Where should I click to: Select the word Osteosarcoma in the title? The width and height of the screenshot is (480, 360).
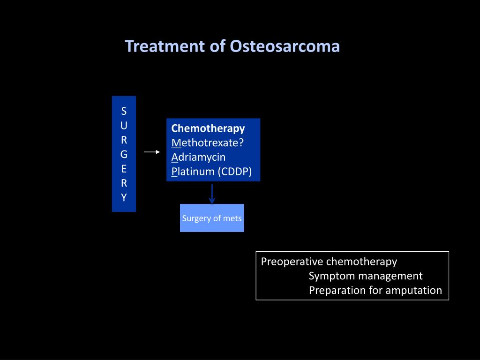(285, 46)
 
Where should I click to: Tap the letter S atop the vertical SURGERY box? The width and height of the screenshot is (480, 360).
(124, 111)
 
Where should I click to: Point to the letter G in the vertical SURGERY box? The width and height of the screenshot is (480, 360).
(124, 154)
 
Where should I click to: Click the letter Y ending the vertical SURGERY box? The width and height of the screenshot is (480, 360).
(124, 197)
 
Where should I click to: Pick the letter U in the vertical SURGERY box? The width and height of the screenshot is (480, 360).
(124, 126)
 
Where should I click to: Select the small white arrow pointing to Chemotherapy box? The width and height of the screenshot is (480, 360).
(152, 152)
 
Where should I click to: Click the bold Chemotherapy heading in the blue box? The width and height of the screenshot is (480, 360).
(208, 128)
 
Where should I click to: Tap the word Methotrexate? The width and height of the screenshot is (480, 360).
(208, 142)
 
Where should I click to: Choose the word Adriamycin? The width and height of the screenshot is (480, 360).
(198, 157)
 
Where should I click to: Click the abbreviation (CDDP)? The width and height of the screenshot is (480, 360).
(234, 172)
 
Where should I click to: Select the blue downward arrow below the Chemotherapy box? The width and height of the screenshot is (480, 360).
(212, 194)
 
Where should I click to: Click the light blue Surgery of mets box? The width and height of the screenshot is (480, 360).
(212, 218)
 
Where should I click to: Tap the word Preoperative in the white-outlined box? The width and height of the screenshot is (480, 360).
(292, 262)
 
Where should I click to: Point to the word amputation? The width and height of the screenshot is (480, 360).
(414, 291)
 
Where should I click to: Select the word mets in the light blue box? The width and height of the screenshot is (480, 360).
(233, 218)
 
